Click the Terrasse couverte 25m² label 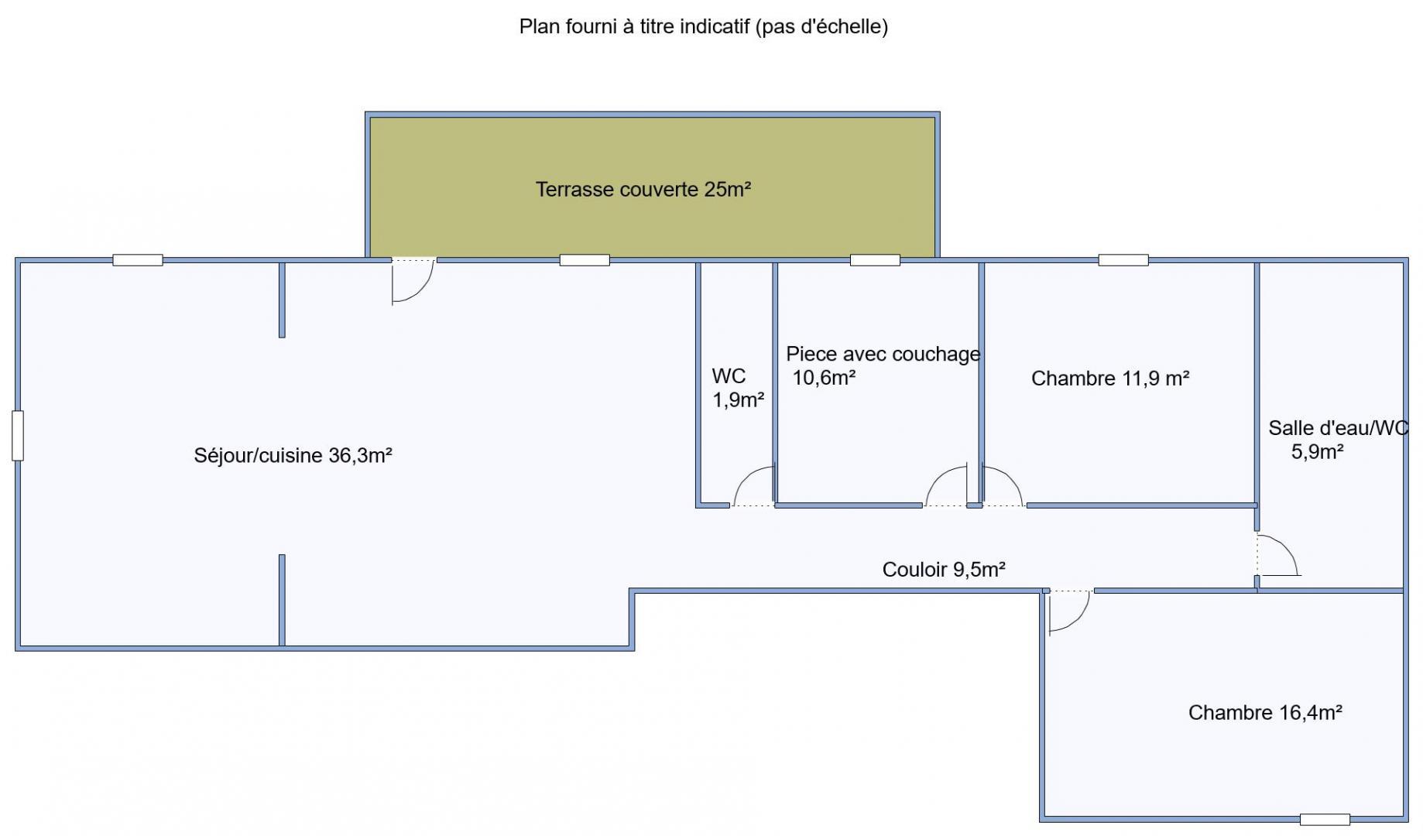[x=643, y=190]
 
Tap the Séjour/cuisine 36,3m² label [x=293, y=455]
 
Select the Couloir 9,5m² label [x=944, y=570]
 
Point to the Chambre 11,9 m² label [x=1110, y=379]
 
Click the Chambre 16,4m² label [x=1265, y=712]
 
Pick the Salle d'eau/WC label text [x=1338, y=428]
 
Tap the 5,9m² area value [x=1317, y=452]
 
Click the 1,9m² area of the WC [x=738, y=400]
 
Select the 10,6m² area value [x=824, y=378]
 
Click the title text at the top [x=703, y=27]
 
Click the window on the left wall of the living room [x=18, y=436]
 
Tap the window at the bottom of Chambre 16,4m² [x=1325, y=820]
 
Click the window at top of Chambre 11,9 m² [x=1123, y=260]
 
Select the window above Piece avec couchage [x=875, y=260]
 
